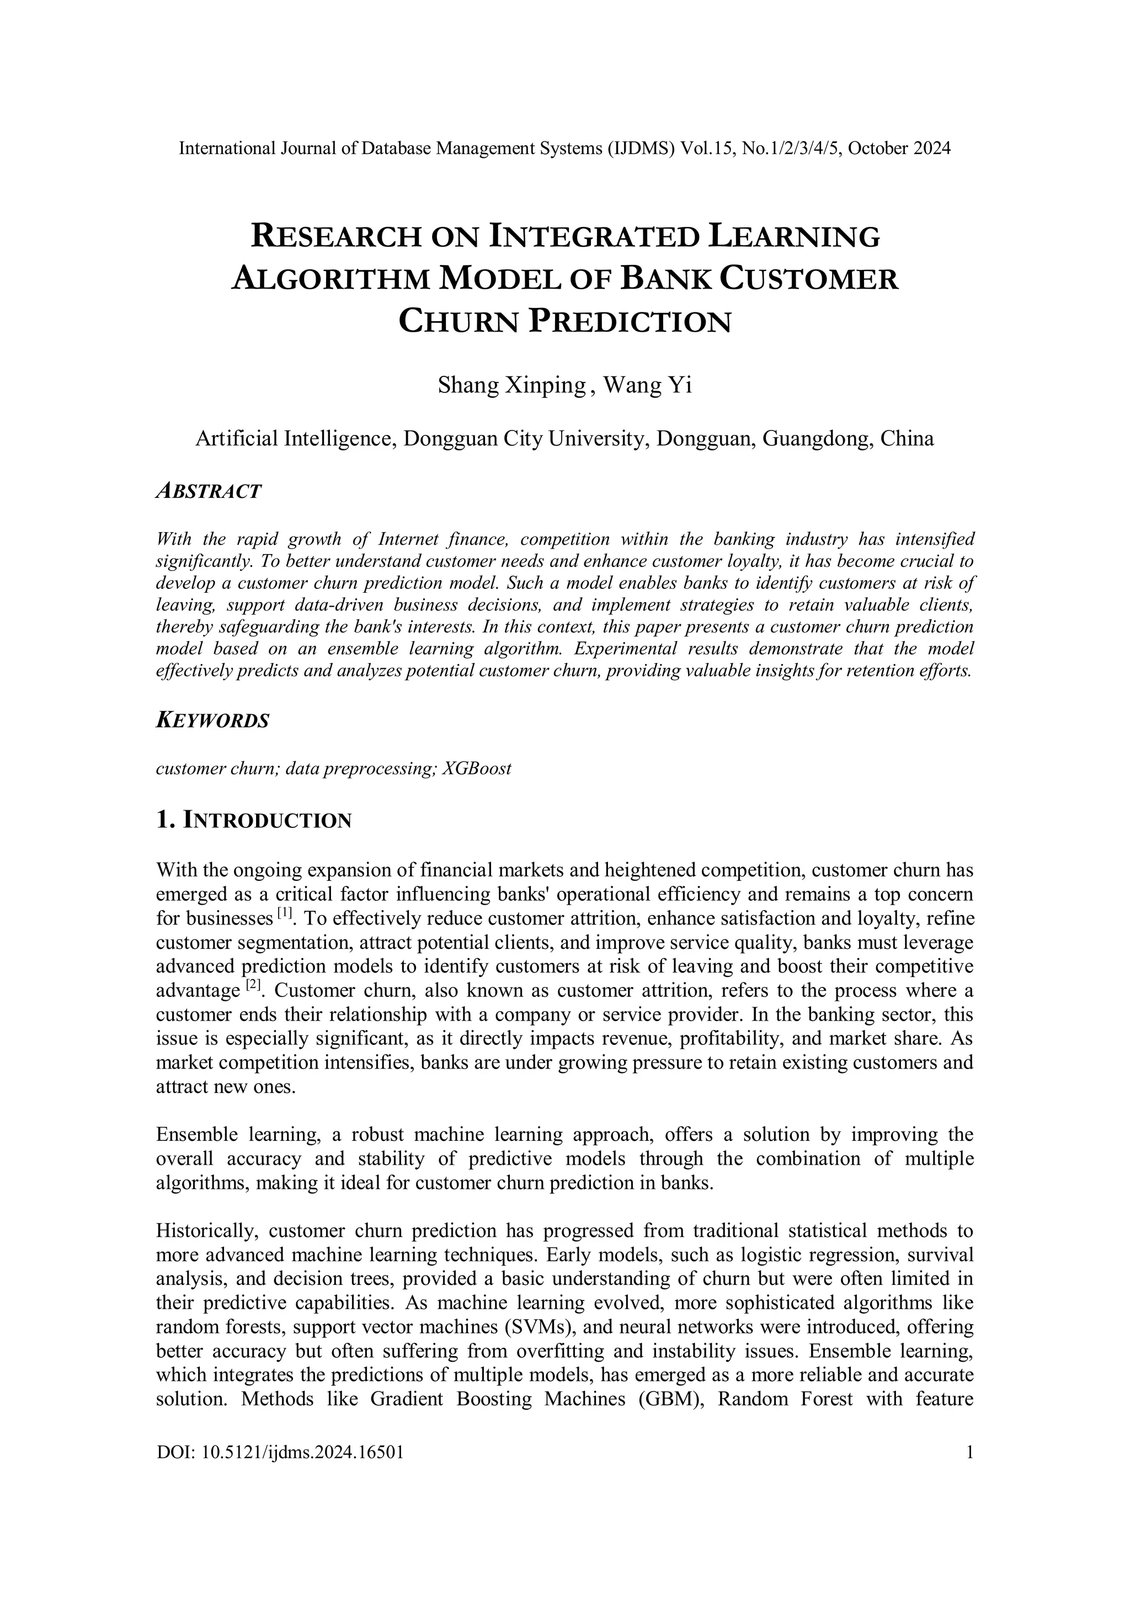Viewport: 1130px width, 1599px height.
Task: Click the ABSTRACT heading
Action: coord(209,491)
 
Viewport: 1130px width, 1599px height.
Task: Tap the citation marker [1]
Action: coord(284,912)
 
